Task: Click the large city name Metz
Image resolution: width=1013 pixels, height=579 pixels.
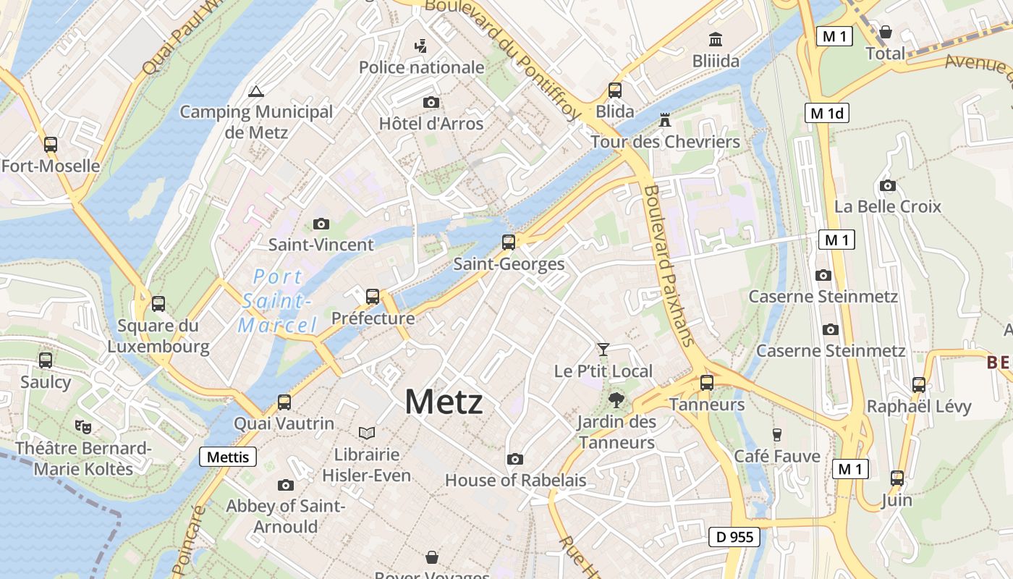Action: click(444, 401)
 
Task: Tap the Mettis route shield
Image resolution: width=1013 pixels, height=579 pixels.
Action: click(228, 457)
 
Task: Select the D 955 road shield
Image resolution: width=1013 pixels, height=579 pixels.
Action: click(734, 537)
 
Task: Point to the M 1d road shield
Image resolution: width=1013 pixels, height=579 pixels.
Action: click(826, 113)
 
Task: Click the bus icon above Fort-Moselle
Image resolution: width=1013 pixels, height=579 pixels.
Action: click(50, 144)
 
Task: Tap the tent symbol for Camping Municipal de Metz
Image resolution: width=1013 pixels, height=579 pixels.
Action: click(255, 92)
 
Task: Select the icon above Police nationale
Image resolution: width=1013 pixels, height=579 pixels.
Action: click(420, 46)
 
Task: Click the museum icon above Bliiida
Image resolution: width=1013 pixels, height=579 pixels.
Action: click(716, 39)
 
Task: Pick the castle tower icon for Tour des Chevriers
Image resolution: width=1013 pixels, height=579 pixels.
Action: click(664, 119)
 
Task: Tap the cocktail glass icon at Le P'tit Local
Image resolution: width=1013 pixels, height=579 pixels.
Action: click(603, 350)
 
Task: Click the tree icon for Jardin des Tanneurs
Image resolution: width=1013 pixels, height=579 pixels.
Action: click(616, 399)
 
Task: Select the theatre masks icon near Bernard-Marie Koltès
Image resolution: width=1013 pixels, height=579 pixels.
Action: click(83, 427)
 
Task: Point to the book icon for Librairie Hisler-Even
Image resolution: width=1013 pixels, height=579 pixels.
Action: click(367, 433)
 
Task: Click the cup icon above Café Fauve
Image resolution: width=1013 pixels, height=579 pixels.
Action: click(777, 434)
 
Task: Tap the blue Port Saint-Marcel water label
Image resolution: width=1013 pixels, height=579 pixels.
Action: click(278, 300)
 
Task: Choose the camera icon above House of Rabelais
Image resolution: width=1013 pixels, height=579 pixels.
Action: click(514, 459)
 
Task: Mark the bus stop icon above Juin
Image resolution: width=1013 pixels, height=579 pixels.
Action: click(897, 478)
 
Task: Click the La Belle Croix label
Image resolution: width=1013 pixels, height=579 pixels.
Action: click(887, 206)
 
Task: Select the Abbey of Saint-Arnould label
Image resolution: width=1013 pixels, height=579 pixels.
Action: click(285, 516)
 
